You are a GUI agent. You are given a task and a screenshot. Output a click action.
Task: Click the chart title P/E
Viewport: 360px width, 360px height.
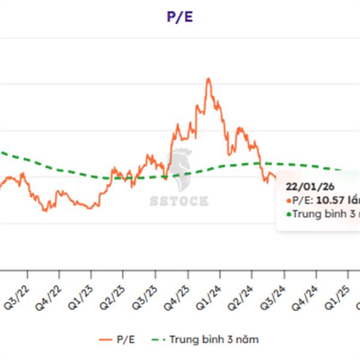[180, 16]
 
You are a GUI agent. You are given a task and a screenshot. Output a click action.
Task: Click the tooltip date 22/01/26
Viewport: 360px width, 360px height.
[305, 187]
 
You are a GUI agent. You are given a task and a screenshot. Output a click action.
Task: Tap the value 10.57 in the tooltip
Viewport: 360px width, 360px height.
[329, 200]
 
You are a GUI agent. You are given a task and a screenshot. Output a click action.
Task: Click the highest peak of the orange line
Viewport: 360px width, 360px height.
[208, 79]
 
